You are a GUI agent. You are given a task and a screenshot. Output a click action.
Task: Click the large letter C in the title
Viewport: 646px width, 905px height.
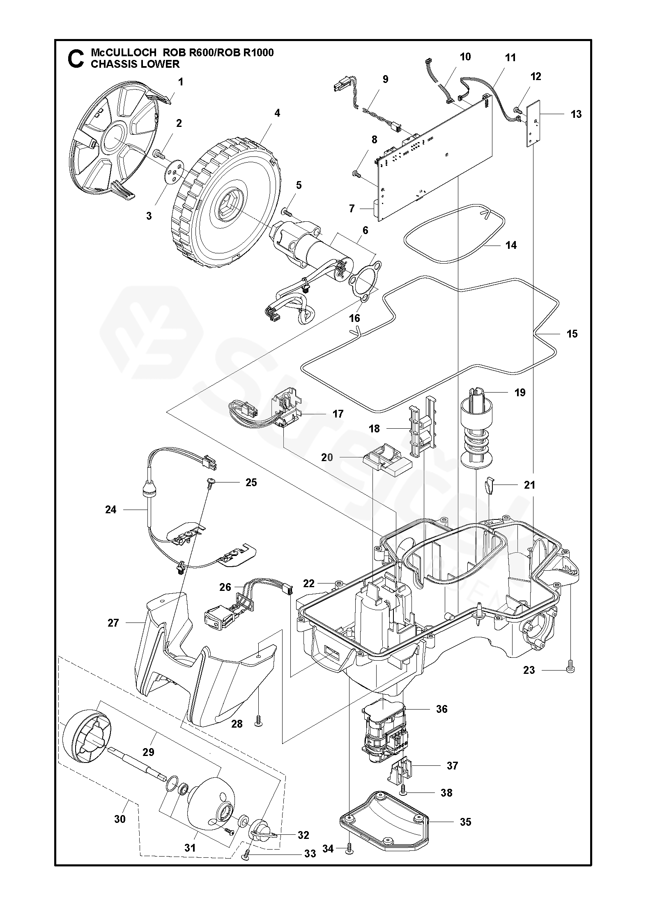click(x=75, y=59)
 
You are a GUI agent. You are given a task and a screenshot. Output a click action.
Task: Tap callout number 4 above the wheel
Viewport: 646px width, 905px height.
click(x=277, y=113)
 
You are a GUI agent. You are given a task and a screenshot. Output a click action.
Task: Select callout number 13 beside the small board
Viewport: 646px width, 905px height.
click(x=576, y=114)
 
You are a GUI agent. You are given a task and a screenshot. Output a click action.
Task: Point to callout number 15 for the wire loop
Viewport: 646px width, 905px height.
click(x=572, y=334)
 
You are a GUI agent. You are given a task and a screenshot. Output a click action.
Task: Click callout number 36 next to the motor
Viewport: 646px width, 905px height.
click(x=442, y=709)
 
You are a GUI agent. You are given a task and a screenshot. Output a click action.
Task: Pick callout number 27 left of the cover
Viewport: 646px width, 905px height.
click(x=113, y=623)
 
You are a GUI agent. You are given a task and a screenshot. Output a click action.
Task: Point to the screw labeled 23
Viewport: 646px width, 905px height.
click(x=570, y=669)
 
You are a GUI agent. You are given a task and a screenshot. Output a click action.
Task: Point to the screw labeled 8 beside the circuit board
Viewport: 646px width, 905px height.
click(x=356, y=175)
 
